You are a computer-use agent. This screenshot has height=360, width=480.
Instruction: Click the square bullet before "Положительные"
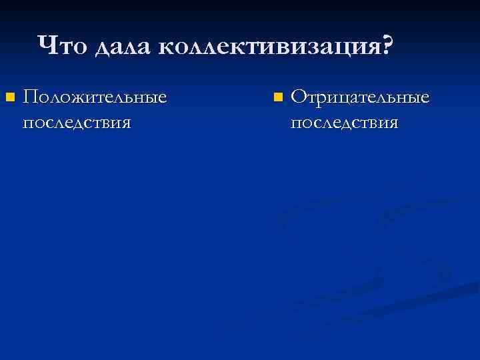pyautogui.click(x=9, y=99)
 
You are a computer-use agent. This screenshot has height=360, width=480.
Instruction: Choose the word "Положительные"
pyautogui.click(x=94, y=98)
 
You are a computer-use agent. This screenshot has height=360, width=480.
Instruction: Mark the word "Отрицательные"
pyautogui.click(x=360, y=98)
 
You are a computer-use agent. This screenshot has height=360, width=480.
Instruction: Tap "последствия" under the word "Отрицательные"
pyautogui.click(x=344, y=122)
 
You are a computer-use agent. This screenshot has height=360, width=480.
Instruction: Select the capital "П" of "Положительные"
pyautogui.click(x=30, y=98)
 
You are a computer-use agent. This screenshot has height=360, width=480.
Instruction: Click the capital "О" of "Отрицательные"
pyautogui.click(x=299, y=98)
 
